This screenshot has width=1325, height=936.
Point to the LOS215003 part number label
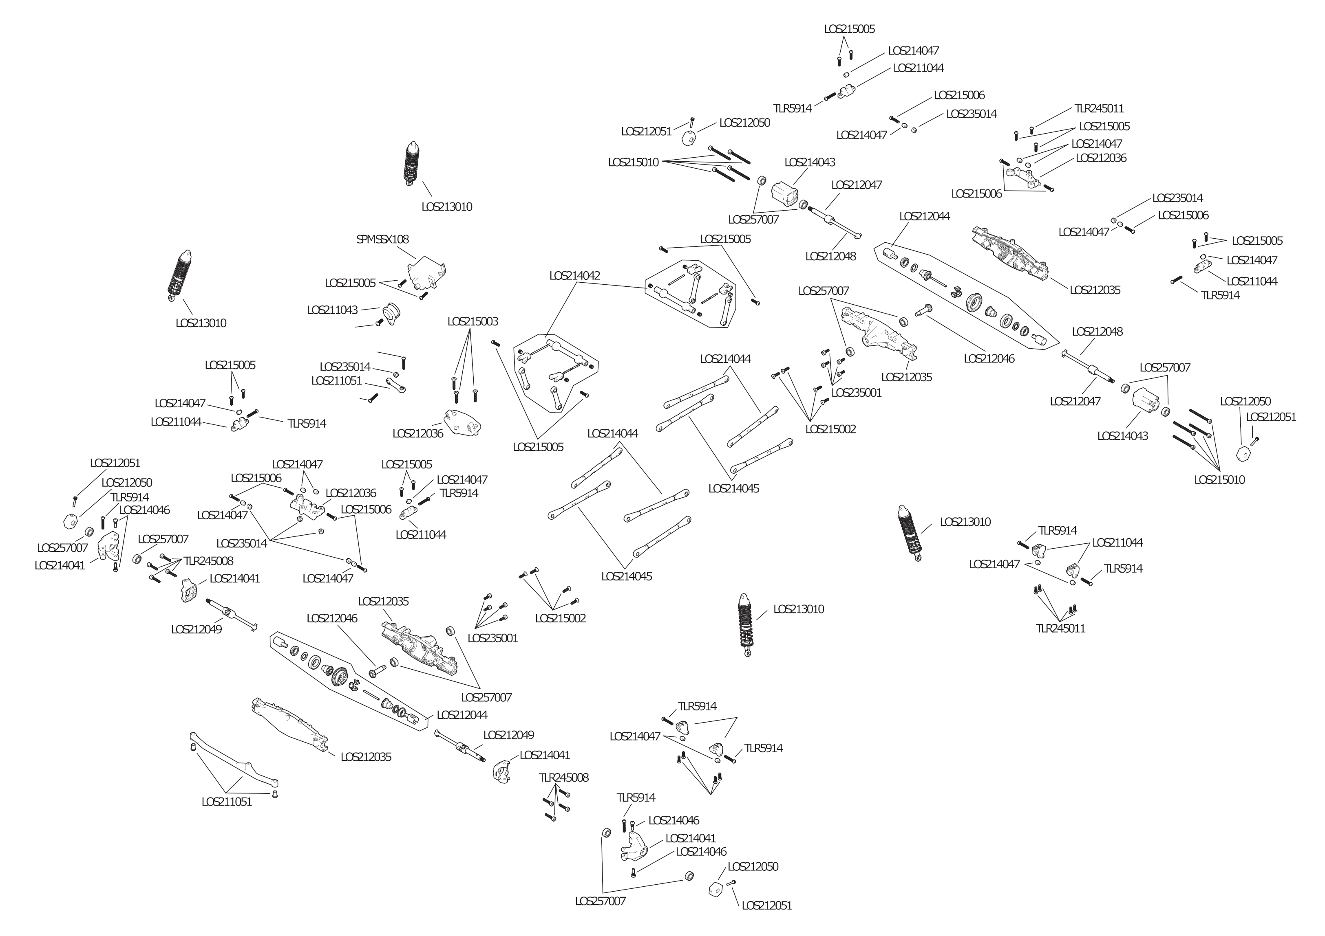473,322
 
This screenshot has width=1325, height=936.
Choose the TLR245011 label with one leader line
1099,108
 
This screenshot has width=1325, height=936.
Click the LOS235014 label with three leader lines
242,544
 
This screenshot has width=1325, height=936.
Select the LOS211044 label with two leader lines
1117,543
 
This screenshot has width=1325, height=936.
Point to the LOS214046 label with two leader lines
144,510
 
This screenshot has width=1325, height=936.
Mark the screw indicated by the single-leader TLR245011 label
1031,129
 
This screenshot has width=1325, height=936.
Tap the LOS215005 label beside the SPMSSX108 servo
350,283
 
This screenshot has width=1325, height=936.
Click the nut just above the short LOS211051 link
396,375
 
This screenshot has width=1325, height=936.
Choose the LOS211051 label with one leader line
336,380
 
